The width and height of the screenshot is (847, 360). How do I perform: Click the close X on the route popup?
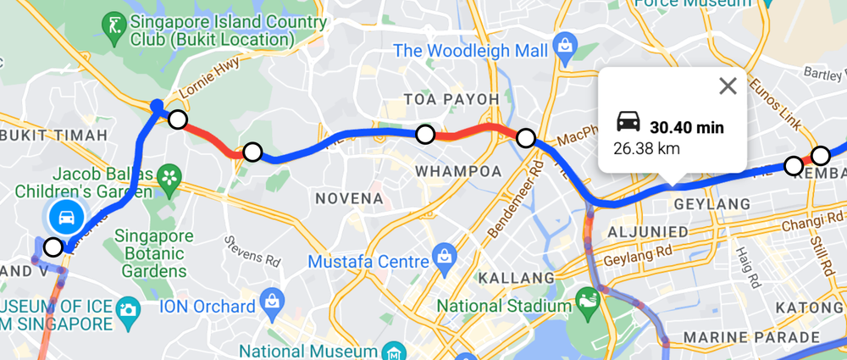coord(728,86)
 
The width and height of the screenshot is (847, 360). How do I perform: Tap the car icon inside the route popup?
coord(628,122)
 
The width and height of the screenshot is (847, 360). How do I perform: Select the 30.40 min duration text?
coord(687,128)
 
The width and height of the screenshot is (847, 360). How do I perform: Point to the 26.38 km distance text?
coord(647,148)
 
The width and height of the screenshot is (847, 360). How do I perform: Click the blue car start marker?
coord(64,218)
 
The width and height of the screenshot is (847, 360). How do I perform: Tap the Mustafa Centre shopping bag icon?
coord(441,253)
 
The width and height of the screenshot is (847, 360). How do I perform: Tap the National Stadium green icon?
coord(586,299)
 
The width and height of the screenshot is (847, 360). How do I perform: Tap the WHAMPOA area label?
coord(447,171)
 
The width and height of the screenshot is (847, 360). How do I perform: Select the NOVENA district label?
coord(349,198)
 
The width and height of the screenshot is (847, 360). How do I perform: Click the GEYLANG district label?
coord(711,204)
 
